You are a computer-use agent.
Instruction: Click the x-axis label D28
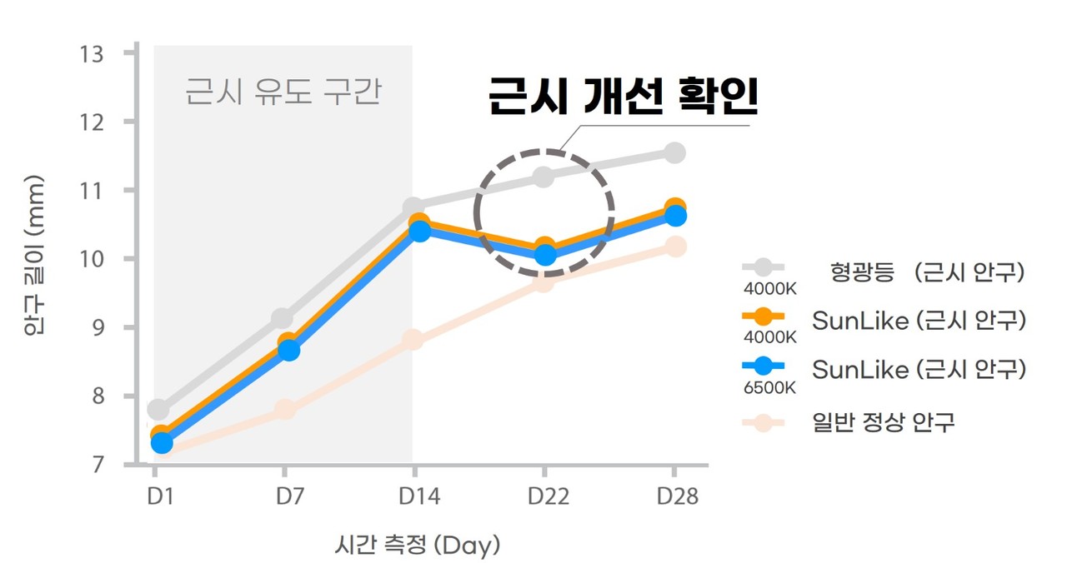point(677,496)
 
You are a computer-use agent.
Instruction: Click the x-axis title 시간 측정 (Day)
point(417,546)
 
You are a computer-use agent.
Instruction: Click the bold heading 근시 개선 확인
point(623,98)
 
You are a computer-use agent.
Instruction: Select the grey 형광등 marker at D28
point(674,152)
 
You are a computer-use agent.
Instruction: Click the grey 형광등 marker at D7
point(283,318)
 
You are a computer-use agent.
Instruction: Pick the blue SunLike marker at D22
point(545,255)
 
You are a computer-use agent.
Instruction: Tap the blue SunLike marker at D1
point(163,443)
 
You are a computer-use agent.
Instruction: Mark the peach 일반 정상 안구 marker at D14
point(413,340)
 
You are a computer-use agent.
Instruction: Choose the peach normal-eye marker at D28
point(675,247)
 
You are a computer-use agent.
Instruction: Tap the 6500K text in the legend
point(769,387)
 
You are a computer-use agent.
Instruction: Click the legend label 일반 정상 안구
point(883,422)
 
